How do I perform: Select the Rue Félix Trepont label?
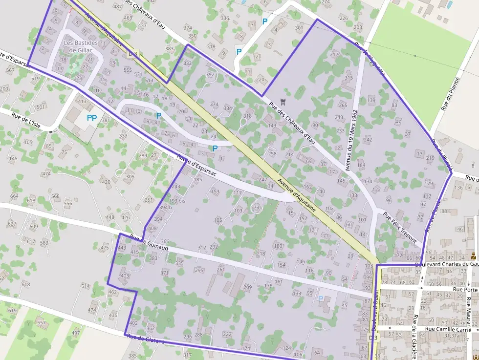400,227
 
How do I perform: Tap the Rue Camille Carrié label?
448,329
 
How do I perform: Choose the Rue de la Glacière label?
414,338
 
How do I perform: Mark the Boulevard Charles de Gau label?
446,264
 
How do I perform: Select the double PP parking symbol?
91,118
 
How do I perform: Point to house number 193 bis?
177,201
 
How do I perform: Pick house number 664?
14,196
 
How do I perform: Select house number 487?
117,7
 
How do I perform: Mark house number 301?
299,28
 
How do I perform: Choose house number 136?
458,188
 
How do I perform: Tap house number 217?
334,54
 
